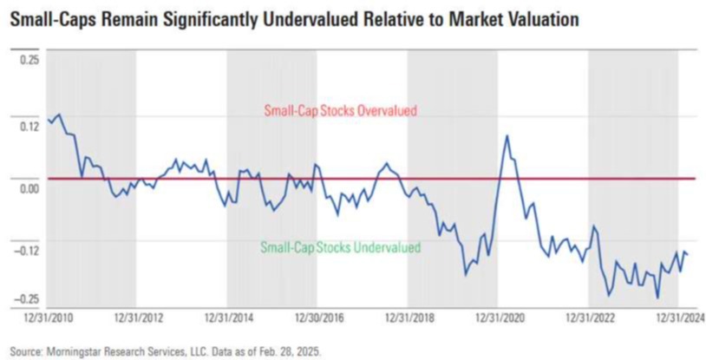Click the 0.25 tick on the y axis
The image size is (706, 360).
coord(29,59)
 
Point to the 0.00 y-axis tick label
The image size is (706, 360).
coord(29,187)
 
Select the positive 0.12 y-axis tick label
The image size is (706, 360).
coord(29,126)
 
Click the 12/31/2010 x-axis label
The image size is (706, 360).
coord(49,318)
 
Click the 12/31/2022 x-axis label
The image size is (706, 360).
coord(590,318)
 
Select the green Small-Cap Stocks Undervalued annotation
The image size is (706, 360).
coord(340,248)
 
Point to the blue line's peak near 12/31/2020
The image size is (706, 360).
coord(507,135)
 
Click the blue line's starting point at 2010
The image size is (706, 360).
coord(48,121)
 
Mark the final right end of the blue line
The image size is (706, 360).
coord(688,254)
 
